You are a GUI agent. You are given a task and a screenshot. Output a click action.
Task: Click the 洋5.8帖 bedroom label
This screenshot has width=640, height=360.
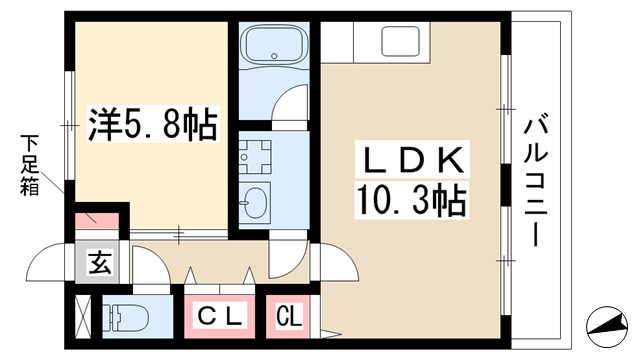pyautogui.click(x=153, y=124)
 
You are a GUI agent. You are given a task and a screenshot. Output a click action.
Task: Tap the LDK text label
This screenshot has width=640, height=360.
pyautogui.click(x=412, y=159)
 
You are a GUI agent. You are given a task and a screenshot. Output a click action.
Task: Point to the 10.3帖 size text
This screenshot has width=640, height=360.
pyautogui.click(x=411, y=200)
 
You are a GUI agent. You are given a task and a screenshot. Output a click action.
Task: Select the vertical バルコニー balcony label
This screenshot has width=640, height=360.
pyautogui.click(x=536, y=182)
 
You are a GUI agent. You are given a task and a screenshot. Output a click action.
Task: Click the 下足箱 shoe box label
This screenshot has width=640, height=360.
pyautogui.click(x=30, y=165)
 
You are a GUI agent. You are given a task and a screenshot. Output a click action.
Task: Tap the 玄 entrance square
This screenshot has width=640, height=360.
pyautogui.click(x=97, y=262)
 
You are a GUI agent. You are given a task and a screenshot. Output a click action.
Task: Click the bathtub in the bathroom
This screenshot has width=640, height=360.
pyautogui.click(x=274, y=44)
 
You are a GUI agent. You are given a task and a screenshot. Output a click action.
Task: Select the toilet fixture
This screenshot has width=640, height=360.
pyautogui.click(x=125, y=316)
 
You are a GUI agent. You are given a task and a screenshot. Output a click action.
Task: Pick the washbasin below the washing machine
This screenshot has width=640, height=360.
pyautogui.click(x=254, y=202)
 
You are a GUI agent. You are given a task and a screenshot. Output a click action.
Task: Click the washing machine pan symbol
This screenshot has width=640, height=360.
pyautogui.click(x=255, y=157)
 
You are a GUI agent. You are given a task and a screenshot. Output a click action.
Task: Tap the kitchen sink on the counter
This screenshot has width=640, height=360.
pyautogui.click(x=400, y=41)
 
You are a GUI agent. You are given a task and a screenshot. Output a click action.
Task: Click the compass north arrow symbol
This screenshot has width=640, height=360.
pyautogui.click(x=607, y=326)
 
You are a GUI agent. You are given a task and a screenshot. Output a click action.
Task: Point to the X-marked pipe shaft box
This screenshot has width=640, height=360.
pyautogui.click(x=84, y=316)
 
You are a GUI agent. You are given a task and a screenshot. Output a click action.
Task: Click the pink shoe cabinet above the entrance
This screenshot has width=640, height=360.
pyautogui.click(x=97, y=220)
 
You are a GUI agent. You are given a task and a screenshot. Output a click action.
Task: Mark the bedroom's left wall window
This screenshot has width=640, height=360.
pyautogui.click(x=70, y=125)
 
